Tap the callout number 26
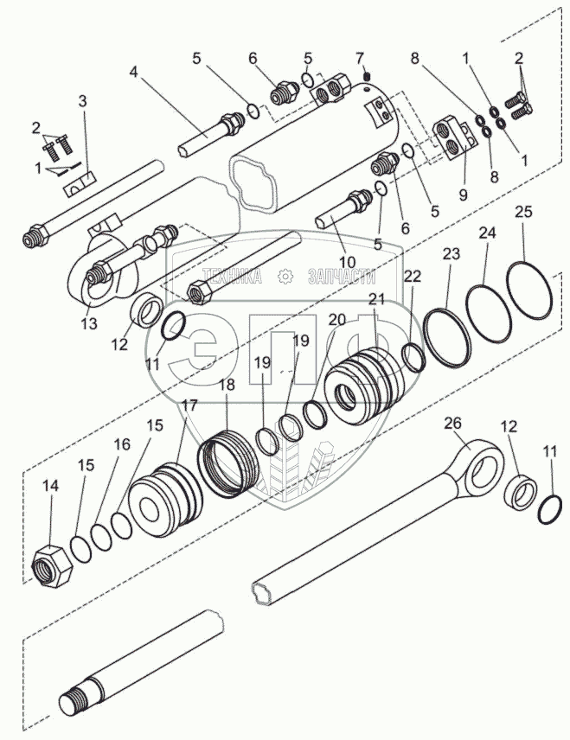point(452,423)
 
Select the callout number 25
point(524,212)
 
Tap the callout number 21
point(376,299)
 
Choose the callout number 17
point(189,404)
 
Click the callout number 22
point(413,275)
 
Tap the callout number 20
point(337,319)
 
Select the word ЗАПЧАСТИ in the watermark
point(342,277)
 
